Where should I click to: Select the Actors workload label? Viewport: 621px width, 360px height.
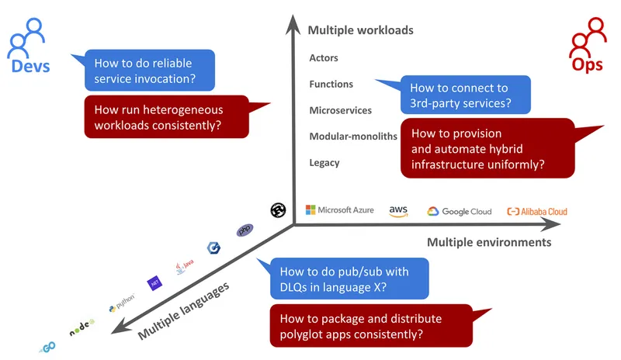(x=324, y=58)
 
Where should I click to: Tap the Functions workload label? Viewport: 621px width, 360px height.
(x=331, y=84)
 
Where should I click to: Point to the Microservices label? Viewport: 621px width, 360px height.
(x=340, y=110)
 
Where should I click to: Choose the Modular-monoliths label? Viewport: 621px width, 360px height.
(x=353, y=137)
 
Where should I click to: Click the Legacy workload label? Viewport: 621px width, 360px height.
(x=324, y=163)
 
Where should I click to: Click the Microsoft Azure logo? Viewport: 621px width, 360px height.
(x=339, y=210)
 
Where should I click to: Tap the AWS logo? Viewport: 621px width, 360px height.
(x=399, y=211)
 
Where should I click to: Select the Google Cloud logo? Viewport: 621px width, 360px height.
(x=460, y=211)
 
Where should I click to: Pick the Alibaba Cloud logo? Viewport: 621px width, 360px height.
(x=536, y=211)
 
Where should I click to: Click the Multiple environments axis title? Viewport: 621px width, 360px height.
(x=489, y=242)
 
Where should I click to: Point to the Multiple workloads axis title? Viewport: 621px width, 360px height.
(x=360, y=30)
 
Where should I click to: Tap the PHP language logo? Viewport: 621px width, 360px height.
(x=245, y=230)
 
